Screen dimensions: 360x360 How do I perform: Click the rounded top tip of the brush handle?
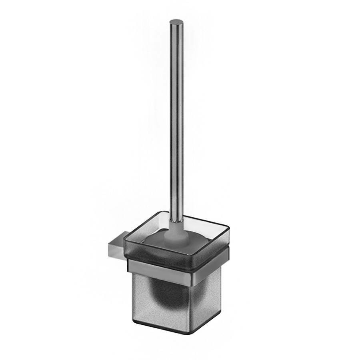pos(175,22)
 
